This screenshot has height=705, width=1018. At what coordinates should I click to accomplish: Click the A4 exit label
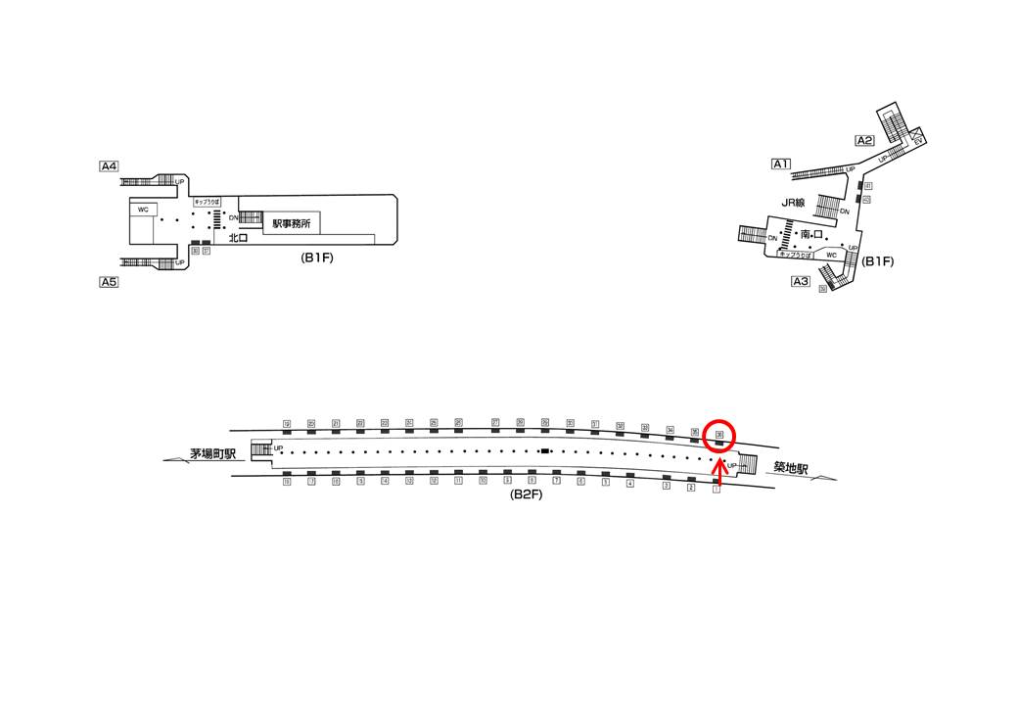109,166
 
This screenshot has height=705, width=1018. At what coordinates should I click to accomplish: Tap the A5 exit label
109,282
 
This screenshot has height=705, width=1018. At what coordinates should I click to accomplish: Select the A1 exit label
781,164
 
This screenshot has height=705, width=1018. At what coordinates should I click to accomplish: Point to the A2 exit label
864,140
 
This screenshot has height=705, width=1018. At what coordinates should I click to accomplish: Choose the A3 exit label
801,282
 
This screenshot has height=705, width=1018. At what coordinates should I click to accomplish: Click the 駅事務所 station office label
292,223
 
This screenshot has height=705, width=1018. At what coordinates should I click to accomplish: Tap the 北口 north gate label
238,238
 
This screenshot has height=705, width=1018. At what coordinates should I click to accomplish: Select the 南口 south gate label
812,235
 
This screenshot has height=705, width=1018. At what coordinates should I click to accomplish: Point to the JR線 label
793,203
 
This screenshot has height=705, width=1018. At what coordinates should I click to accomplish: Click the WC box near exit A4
143,210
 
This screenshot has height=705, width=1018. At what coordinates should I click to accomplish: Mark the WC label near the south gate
832,256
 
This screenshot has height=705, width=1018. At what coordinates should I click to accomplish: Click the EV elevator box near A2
918,140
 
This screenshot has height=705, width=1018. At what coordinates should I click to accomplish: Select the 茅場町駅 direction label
214,454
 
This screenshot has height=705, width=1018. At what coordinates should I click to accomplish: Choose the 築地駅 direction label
788,469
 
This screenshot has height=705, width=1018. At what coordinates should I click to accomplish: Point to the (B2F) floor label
526,495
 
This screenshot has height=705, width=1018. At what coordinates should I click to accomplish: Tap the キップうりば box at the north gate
208,201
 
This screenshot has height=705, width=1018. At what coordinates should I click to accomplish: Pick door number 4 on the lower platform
629,484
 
